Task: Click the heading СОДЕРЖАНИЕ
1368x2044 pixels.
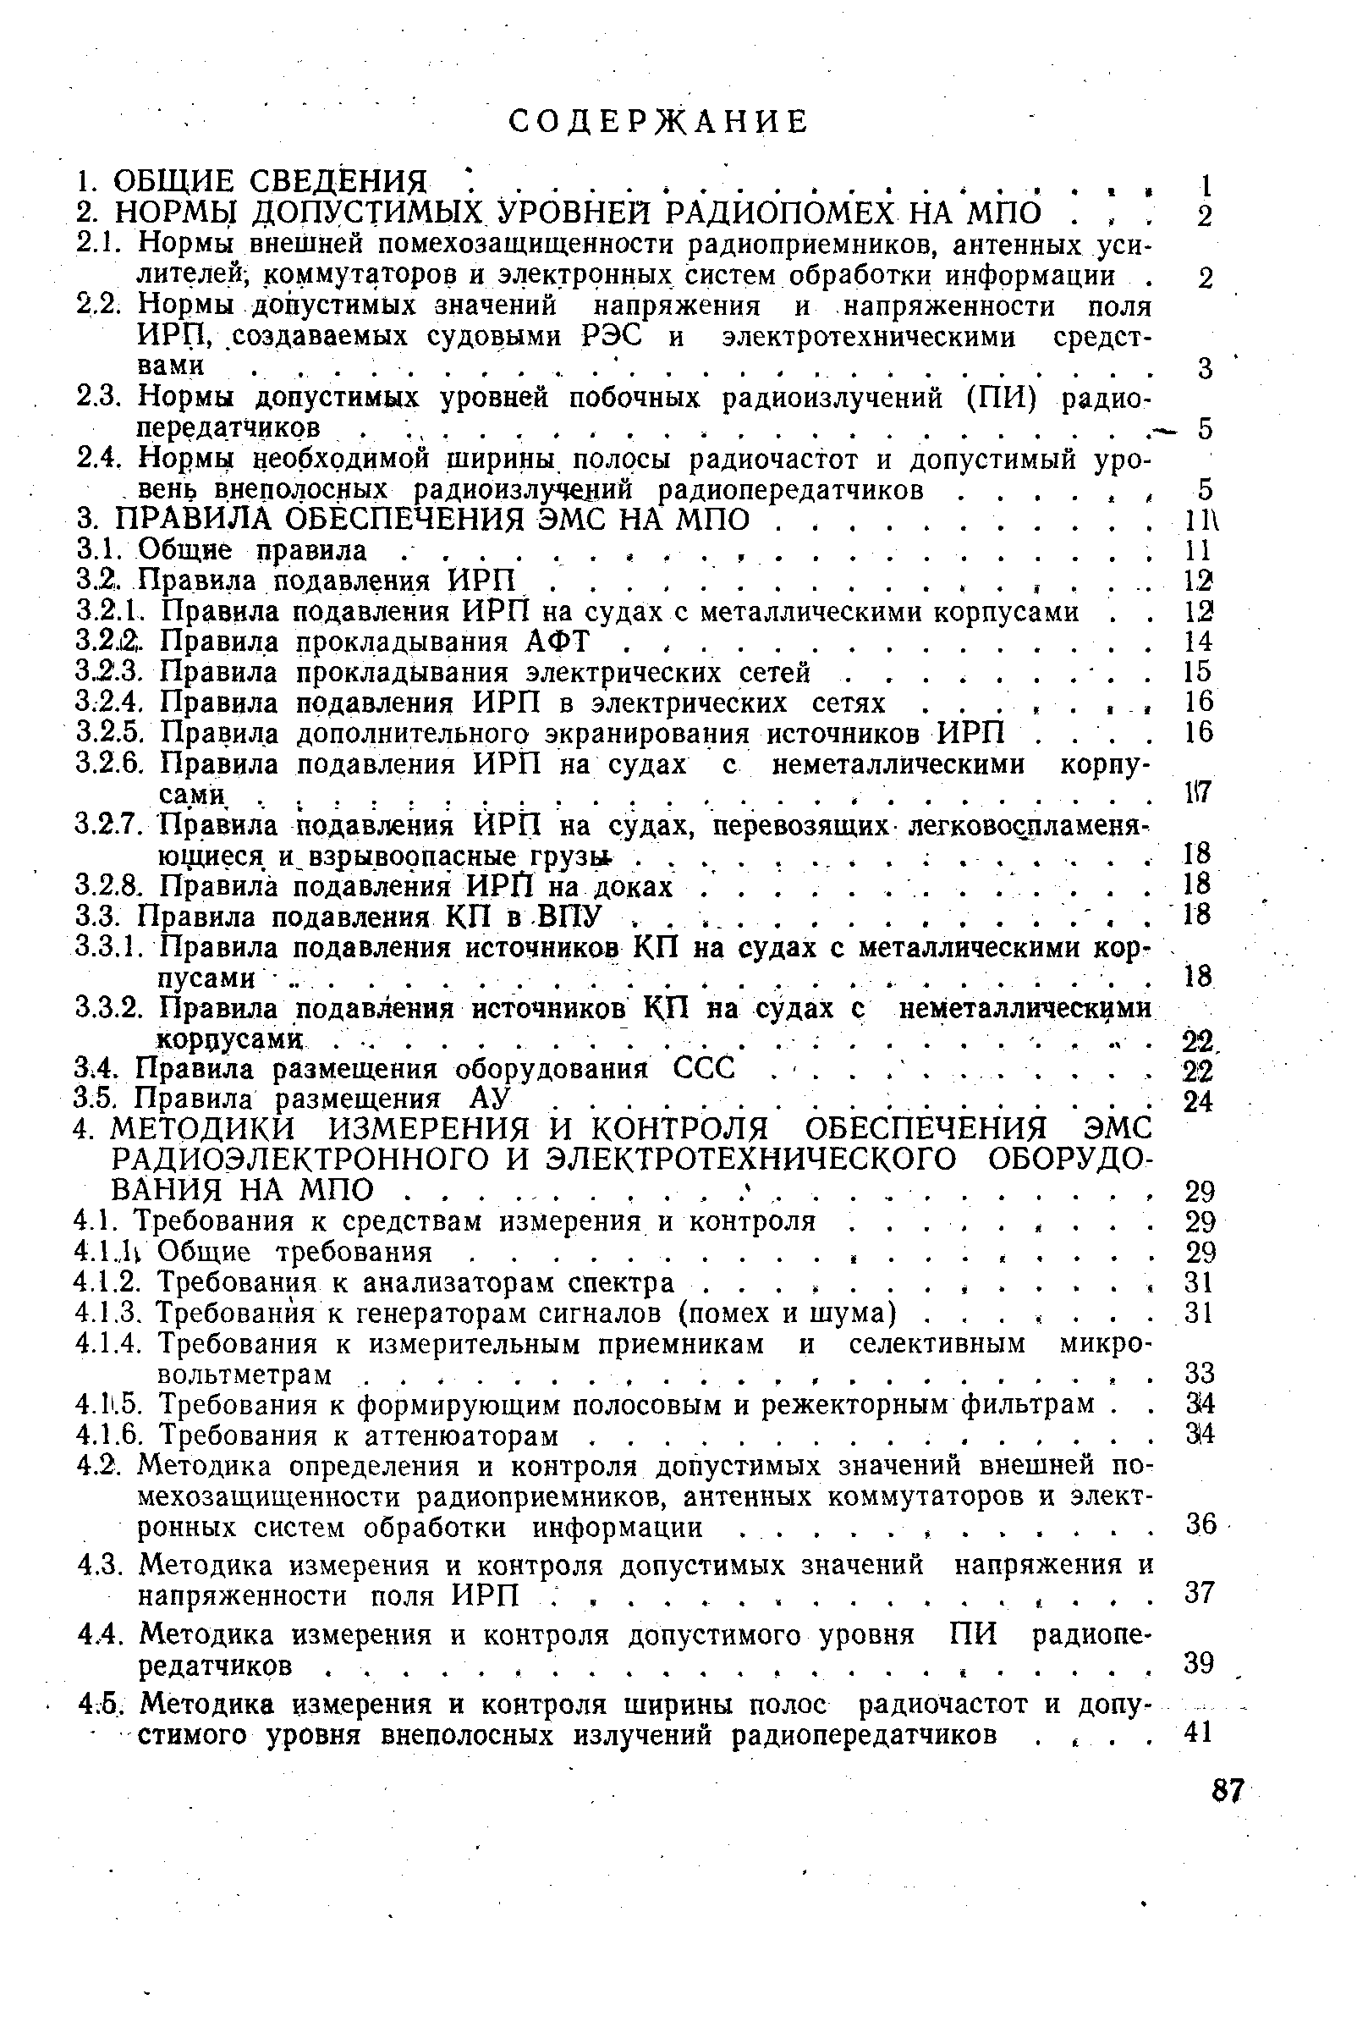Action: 659,122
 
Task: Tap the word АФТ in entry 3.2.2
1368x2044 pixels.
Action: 558,642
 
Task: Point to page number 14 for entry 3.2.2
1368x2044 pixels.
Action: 1200,642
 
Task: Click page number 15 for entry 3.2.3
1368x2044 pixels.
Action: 1200,671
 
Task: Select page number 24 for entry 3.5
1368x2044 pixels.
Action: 1200,1101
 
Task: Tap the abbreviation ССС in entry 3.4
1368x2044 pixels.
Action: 706,1068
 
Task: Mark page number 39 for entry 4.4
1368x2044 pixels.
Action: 1200,1663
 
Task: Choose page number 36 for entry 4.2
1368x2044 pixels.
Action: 1201,1523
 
